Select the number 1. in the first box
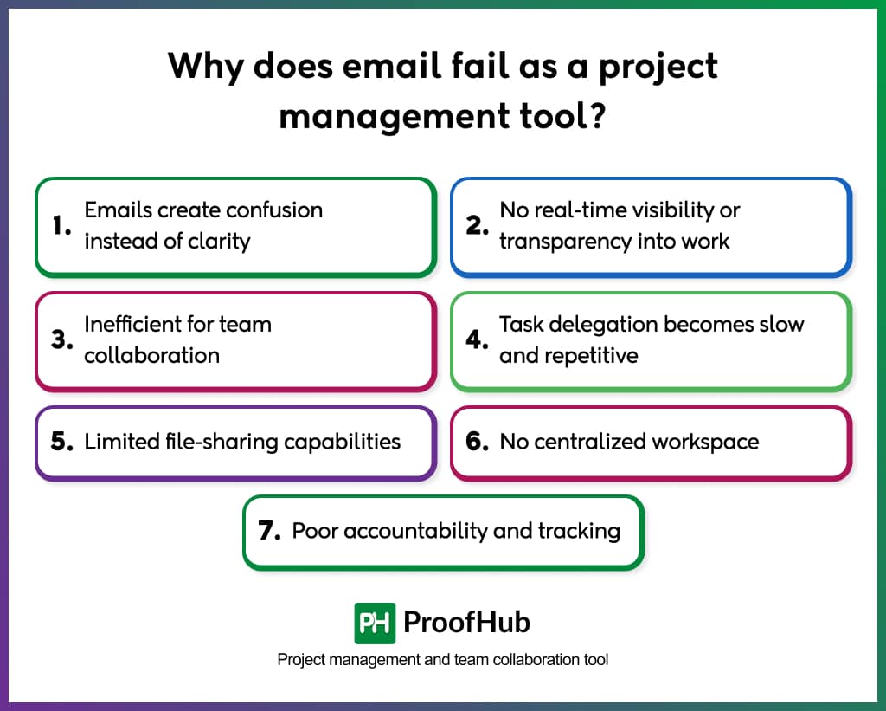pyautogui.click(x=61, y=226)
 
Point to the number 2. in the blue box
pyautogui.click(x=477, y=226)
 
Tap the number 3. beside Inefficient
pyautogui.click(x=61, y=339)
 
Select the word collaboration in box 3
pyautogui.click(x=151, y=355)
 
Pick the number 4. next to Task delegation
pyautogui.click(x=478, y=339)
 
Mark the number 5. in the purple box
pyautogui.click(x=62, y=442)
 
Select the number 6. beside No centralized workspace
pyautogui.click(x=478, y=442)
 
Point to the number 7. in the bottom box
pyautogui.click(x=270, y=531)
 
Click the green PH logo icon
pyautogui.click(x=375, y=623)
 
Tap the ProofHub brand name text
pyautogui.click(x=467, y=623)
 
